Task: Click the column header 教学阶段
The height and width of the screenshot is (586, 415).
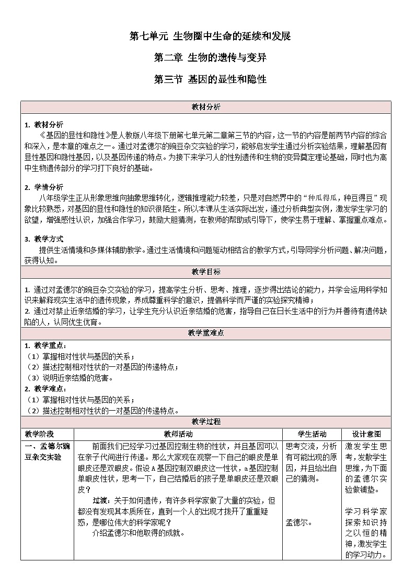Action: (39, 434)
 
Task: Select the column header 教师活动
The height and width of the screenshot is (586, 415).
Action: (178, 434)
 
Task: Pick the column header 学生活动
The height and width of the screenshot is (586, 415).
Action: (312, 434)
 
